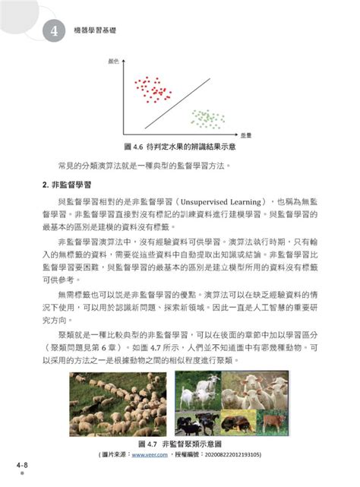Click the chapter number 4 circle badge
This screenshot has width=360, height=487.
coord(54,31)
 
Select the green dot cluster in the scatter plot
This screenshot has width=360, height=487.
coord(205,118)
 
